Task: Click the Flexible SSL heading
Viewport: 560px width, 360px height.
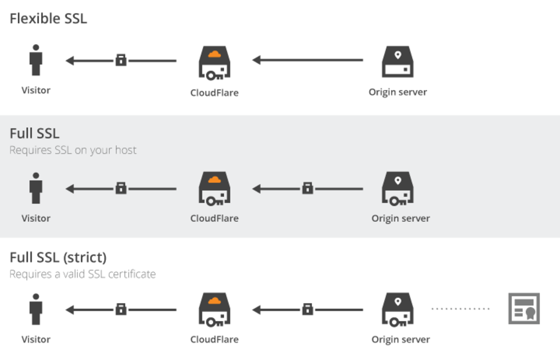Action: (x=48, y=19)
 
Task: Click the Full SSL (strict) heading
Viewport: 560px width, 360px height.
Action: (x=58, y=257)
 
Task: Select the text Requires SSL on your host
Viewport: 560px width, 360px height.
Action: (x=73, y=150)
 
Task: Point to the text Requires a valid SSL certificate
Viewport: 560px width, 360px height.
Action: (x=82, y=274)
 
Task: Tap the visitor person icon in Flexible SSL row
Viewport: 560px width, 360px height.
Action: (x=35, y=60)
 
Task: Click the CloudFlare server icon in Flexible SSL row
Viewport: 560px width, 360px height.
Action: (x=214, y=63)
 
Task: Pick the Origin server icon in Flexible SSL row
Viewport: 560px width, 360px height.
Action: (x=397, y=62)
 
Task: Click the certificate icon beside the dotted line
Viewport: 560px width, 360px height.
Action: (x=524, y=309)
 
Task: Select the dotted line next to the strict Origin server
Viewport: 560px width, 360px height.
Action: (x=460, y=309)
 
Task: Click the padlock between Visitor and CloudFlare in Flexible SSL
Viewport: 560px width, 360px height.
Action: (x=121, y=60)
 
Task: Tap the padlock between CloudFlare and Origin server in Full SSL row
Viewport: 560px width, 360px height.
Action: (x=307, y=188)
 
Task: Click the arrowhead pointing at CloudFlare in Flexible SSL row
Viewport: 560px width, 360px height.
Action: (x=256, y=60)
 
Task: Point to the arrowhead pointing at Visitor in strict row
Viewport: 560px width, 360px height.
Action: (x=70, y=309)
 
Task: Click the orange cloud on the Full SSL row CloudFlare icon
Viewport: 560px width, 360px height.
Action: (x=214, y=179)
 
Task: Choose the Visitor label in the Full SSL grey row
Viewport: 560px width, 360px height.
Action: (x=35, y=218)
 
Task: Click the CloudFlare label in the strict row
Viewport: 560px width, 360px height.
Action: (x=214, y=339)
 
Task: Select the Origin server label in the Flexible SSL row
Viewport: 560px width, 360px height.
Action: (x=397, y=92)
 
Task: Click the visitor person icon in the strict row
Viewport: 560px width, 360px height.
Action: (x=35, y=309)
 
